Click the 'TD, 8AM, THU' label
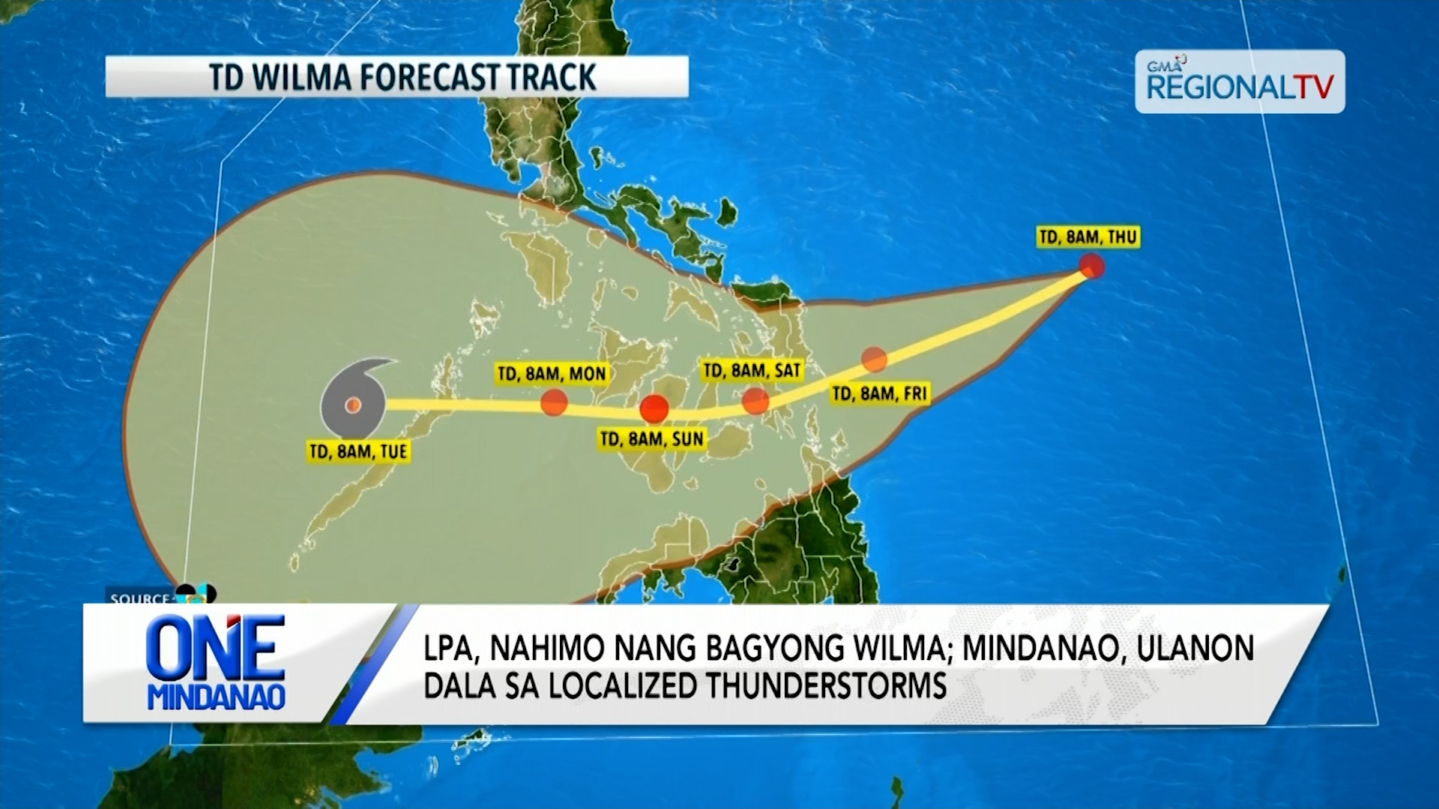coord(1088,237)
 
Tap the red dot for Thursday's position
coord(1091,266)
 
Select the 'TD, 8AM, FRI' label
coord(880,393)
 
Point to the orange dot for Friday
coord(874,360)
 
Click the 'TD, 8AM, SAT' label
coord(752,370)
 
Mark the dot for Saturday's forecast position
coord(755,402)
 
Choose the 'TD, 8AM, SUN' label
coord(652,439)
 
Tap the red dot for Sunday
coord(654,409)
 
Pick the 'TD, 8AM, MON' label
coord(552,373)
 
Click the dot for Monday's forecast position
coord(554,402)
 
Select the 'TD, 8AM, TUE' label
coord(358,451)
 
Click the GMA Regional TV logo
coord(1240,82)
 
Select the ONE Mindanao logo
coord(217,663)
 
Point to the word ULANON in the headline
coord(1195,649)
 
